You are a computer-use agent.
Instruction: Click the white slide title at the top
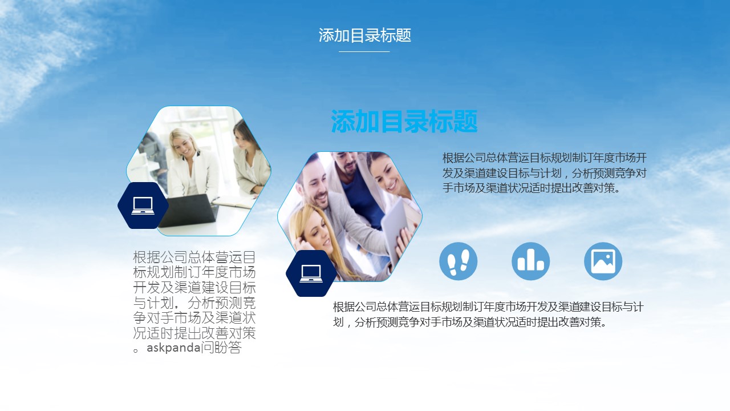[x=364, y=35]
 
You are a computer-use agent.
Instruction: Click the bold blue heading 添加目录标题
[x=404, y=122]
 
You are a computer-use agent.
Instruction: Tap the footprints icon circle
[x=458, y=261]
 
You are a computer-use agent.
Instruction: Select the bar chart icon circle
[x=530, y=261]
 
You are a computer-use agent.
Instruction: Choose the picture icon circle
[x=603, y=261]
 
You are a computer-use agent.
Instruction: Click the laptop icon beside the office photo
[x=143, y=205]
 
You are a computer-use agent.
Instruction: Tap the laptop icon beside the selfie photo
[x=311, y=273]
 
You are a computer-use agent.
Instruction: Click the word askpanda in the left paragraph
[x=173, y=348]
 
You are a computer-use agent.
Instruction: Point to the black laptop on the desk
[x=188, y=211]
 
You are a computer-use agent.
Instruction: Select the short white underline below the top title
[x=364, y=51]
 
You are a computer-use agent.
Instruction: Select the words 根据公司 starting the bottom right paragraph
[x=355, y=307]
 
